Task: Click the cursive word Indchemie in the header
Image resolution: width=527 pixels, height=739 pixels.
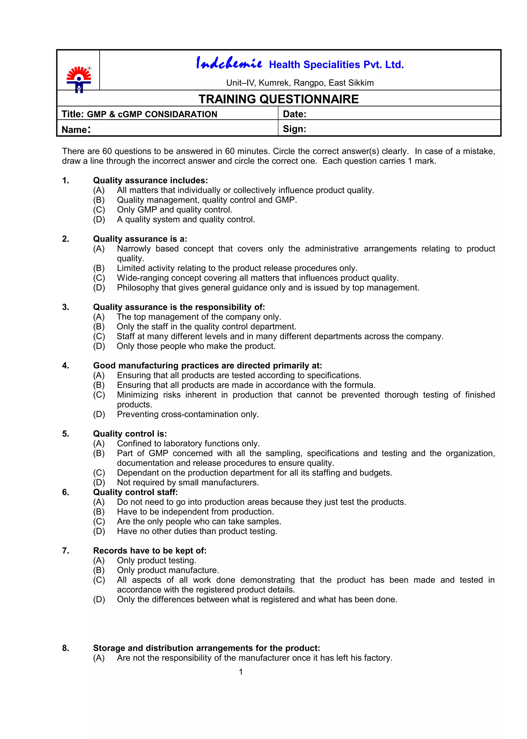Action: coord(229,63)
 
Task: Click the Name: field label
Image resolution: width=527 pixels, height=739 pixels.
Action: coord(76,129)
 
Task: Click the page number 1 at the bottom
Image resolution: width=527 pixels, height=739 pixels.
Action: coord(241,672)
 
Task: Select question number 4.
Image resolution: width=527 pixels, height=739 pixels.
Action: coord(66,366)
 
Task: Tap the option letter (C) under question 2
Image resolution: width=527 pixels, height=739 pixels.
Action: coord(99,278)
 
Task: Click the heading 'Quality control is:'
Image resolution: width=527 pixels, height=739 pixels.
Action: coord(130,434)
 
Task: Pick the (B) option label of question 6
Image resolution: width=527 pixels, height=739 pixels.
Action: coord(99,512)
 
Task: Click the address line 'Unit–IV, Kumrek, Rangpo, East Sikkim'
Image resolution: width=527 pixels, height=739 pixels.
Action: coord(300,83)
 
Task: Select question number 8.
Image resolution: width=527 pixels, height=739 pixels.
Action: coord(66,648)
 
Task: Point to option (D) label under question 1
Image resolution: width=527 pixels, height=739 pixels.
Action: coord(99,219)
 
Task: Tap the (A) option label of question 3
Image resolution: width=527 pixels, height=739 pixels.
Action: coord(99,317)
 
